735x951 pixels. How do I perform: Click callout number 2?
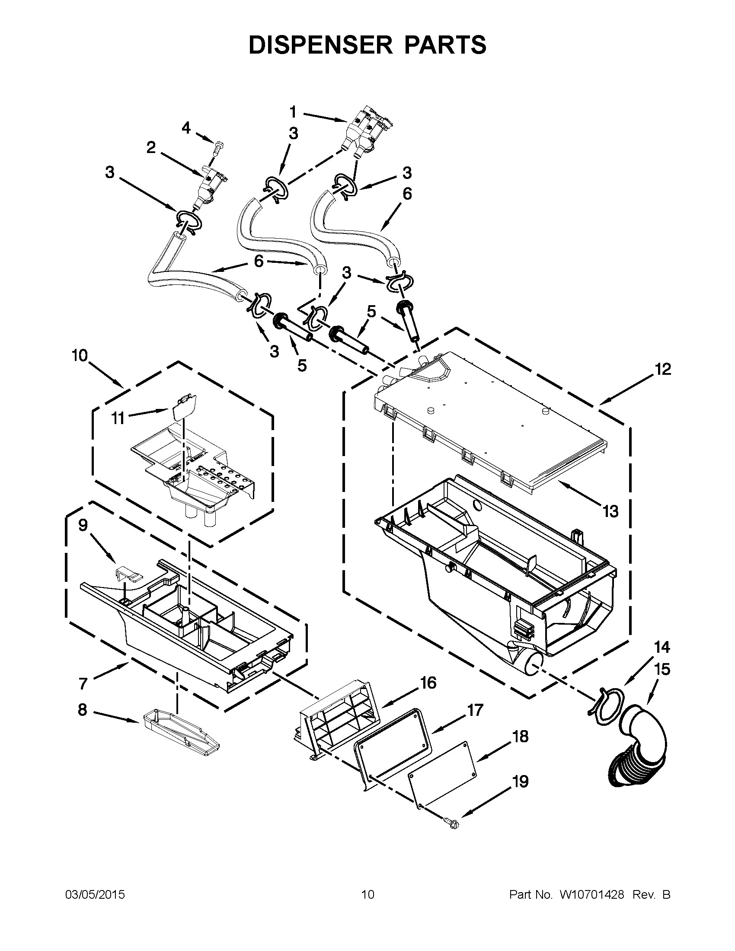pyautogui.click(x=150, y=147)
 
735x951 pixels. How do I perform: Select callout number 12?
pyautogui.click(x=663, y=369)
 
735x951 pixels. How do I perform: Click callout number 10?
pyautogui.click(x=80, y=356)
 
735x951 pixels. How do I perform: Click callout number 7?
pyautogui.click(x=83, y=683)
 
